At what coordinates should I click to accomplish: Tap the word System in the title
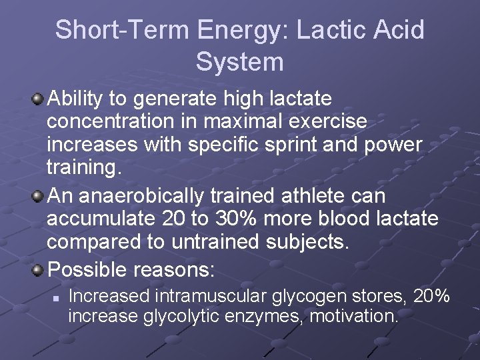[x=240, y=62]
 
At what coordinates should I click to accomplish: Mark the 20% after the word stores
[x=431, y=295]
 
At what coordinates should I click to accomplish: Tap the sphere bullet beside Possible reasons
[x=39, y=270]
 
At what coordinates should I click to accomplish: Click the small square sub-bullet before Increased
[x=57, y=296]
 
